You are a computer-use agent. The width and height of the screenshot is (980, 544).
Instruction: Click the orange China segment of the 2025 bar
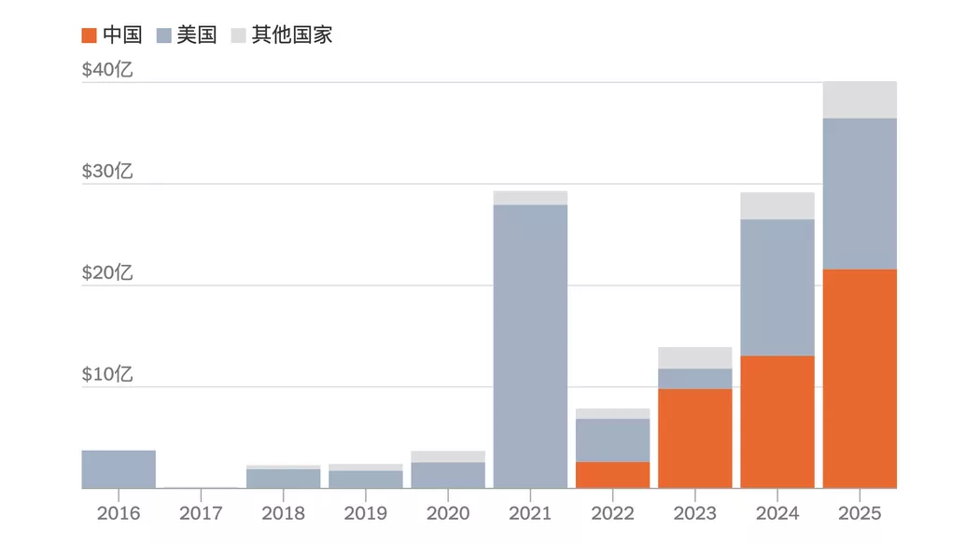pyautogui.click(x=860, y=378)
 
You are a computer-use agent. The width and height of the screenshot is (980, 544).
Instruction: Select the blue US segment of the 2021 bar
pyautogui.click(x=530, y=345)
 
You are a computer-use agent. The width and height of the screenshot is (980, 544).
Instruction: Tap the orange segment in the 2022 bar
pyautogui.click(x=612, y=475)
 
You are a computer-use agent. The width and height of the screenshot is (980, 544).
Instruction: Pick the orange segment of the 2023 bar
pyautogui.click(x=695, y=438)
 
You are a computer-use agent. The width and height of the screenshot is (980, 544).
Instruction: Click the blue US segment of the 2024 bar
pyautogui.click(x=777, y=287)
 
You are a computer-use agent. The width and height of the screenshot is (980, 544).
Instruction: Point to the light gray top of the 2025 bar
pyautogui.click(x=860, y=100)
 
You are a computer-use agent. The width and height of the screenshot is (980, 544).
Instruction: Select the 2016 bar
pyautogui.click(x=119, y=469)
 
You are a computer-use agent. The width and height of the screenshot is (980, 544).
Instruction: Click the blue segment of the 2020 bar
pyautogui.click(x=448, y=475)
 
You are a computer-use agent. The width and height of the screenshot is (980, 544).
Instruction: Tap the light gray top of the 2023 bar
pyautogui.click(x=695, y=357)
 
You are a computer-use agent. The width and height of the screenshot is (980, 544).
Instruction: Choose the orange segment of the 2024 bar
pyautogui.click(x=777, y=422)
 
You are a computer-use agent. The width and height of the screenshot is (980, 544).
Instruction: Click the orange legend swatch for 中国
pyautogui.click(x=90, y=35)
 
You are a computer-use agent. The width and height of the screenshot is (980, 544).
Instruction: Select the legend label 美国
pyautogui.click(x=197, y=35)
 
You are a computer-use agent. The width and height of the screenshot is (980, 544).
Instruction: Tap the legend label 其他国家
pyautogui.click(x=292, y=35)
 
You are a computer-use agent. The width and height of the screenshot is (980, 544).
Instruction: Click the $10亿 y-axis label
pyautogui.click(x=107, y=375)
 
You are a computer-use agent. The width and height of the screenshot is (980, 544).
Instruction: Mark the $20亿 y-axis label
pyautogui.click(x=107, y=273)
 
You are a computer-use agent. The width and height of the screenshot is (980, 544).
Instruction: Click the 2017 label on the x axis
pyautogui.click(x=201, y=513)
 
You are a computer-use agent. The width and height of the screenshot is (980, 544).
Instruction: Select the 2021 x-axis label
pyautogui.click(x=530, y=513)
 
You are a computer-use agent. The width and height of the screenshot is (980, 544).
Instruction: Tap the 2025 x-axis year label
pyautogui.click(x=860, y=513)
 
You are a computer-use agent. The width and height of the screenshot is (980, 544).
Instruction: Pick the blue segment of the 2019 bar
pyautogui.click(x=366, y=479)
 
